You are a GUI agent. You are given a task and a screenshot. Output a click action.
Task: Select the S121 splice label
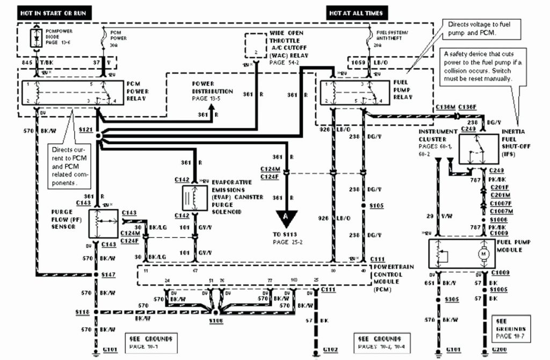pyautogui.click(x=85, y=131)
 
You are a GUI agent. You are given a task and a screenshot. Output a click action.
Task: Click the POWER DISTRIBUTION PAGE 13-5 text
pyautogui.click(x=212, y=91)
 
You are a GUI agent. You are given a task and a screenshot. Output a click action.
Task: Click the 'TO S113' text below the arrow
pyautogui.click(x=286, y=235)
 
